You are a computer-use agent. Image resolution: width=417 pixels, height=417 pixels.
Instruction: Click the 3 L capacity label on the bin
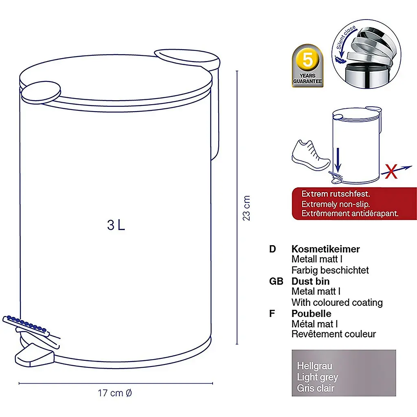click(116, 225)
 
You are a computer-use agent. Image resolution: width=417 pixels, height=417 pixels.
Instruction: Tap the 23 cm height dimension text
click(246, 208)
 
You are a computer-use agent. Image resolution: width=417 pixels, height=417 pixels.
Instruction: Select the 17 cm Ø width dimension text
click(114, 393)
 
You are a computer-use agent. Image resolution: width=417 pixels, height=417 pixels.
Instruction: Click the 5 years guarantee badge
click(307, 66)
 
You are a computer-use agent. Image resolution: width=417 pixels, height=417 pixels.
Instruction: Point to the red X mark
click(391, 171)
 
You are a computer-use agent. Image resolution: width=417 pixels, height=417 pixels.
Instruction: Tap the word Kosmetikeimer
click(325, 249)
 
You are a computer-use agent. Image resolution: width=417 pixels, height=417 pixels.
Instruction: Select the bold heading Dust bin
click(310, 281)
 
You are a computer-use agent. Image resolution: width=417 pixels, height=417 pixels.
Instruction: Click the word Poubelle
click(311, 314)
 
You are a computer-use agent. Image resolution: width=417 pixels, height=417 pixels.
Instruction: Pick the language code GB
click(276, 281)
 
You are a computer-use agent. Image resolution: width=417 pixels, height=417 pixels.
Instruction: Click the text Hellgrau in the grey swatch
click(315, 366)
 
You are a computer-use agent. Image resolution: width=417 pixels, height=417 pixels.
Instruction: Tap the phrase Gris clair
click(316, 388)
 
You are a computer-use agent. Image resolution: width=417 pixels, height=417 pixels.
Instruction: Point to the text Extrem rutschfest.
click(336, 194)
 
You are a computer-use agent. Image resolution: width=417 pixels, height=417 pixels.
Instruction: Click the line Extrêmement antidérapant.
click(350, 213)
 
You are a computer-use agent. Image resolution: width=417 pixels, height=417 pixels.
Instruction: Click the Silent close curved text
click(346, 37)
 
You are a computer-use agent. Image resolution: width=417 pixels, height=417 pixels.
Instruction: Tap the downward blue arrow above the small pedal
click(338, 160)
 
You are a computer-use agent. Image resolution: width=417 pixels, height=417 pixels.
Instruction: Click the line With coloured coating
click(337, 303)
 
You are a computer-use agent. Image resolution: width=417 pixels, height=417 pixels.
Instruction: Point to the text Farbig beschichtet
click(330, 270)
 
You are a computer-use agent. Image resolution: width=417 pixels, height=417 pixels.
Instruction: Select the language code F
click(272, 314)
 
